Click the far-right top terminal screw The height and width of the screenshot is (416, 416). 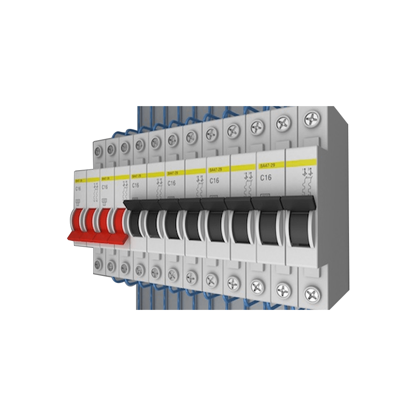[311, 119]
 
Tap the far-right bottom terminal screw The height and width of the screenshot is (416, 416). [312, 295]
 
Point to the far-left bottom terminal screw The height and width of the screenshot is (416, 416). [98, 264]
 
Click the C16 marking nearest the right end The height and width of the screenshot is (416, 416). [266, 178]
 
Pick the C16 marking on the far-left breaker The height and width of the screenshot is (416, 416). [78, 188]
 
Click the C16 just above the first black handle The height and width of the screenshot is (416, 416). [136, 186]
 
